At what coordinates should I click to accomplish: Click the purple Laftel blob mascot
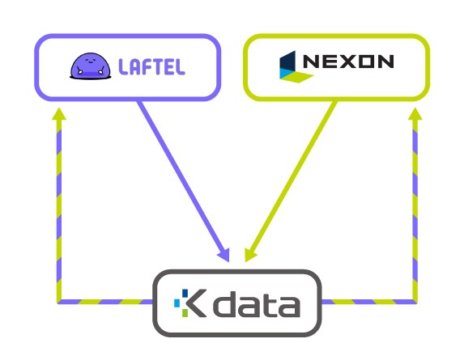pos(91,66)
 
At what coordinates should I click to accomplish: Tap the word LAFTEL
pos(151,66)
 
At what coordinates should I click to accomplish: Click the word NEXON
pos(348,61)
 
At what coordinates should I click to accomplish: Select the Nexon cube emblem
pos(295,67)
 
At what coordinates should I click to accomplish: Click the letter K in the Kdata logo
pos(197,303)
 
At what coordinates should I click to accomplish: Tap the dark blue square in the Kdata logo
pos(185,293)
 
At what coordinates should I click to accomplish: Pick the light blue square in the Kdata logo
pos(177,303)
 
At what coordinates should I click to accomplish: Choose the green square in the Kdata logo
pos(185,313)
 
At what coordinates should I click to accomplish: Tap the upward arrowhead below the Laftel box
pos(59,114)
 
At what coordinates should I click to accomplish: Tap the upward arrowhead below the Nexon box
pos(415,114)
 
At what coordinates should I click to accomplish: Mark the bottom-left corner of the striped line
pos(59,302)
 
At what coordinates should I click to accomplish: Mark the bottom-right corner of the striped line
pos(415,302)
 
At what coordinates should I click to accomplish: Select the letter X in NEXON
pos(348,61)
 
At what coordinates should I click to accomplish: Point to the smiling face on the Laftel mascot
pos(89,61)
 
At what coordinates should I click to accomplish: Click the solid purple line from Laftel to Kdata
pos(184,181)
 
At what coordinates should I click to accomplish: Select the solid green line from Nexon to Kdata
pos(291,181)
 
